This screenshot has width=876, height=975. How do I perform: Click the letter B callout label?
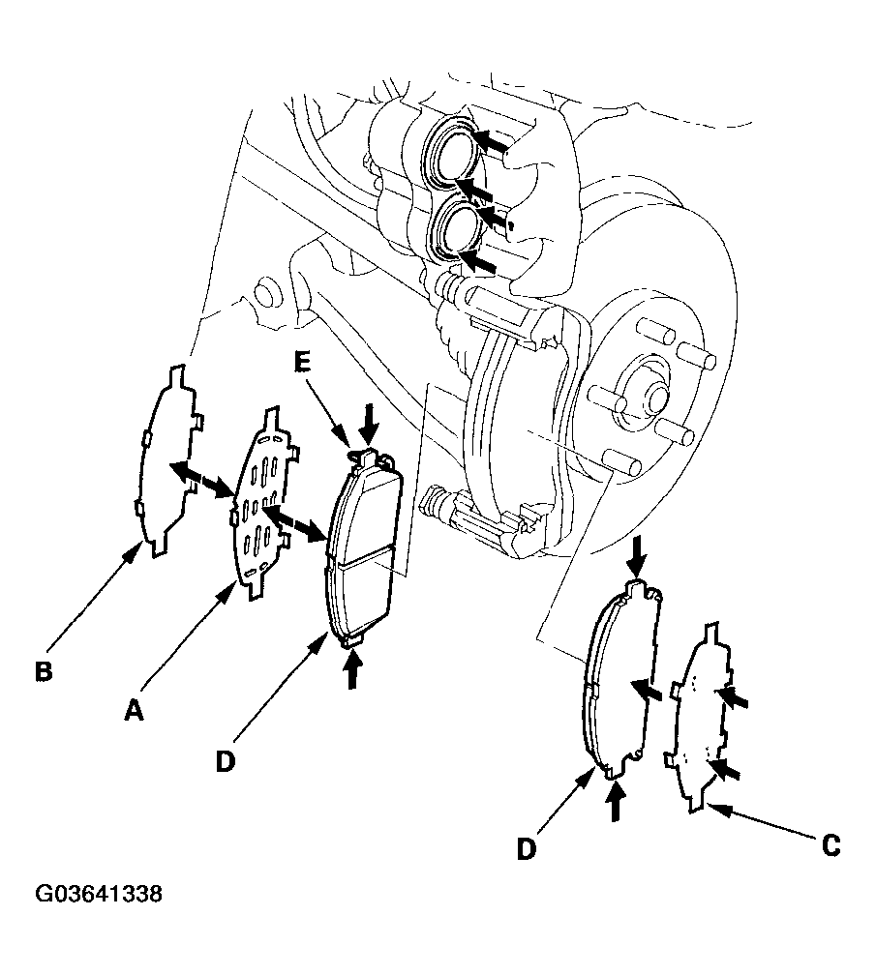coord(44,671)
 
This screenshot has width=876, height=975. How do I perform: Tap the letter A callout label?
coord(134,710)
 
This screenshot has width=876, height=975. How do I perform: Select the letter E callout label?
coord(302,363)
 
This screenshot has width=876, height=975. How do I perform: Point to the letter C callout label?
coord(831,845)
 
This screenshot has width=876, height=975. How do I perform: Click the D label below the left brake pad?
coord(226,761)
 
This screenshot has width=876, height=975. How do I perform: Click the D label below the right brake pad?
coord(527,849)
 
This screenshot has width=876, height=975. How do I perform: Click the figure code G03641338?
coord(99,894)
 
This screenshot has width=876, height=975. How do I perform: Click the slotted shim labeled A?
coord(260,504)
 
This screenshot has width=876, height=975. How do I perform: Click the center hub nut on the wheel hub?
coord(653,394)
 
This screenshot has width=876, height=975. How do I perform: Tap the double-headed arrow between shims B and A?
coord(201,479)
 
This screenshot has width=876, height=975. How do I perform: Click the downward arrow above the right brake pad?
coord(635,555)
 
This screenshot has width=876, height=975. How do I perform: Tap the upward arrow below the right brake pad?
coord(616,801)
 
